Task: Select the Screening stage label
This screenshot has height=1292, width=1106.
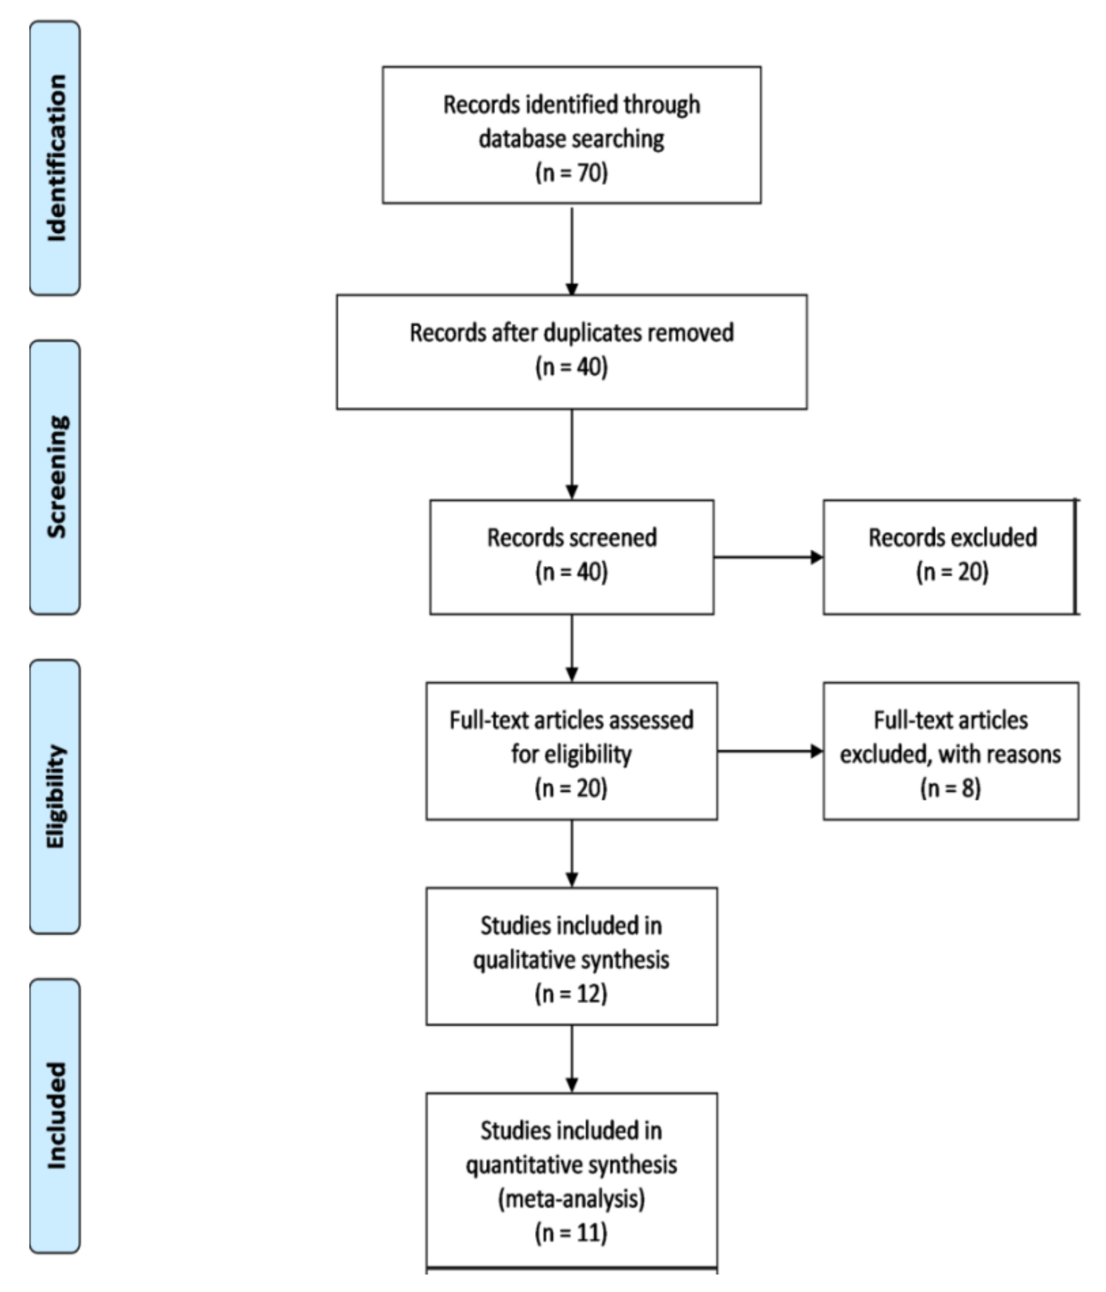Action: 55,477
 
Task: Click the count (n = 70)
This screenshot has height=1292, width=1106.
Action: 571,172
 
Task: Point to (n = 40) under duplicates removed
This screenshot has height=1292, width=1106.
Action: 571,367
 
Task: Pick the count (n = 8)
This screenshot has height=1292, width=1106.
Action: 950,788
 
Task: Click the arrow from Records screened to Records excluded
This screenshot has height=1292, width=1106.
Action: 768,558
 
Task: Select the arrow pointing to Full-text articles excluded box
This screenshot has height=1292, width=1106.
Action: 770,751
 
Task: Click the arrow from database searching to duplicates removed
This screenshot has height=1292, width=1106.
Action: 572,249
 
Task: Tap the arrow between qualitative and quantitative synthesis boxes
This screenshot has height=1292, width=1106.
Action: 572,1058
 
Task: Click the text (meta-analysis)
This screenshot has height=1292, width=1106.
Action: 571,1198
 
